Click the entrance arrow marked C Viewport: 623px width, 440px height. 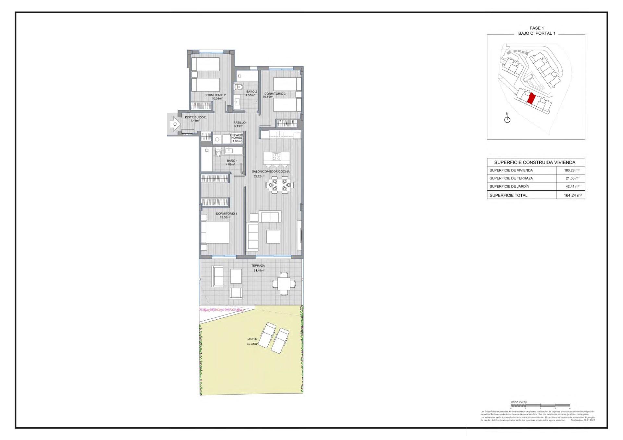175,124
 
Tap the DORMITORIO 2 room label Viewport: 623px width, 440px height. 215,95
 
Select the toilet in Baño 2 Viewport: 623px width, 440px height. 239,87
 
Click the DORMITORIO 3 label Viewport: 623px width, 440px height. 275,94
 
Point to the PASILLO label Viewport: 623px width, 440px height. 239,123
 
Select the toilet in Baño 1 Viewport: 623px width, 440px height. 218,152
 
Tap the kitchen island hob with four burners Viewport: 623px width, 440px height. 276,157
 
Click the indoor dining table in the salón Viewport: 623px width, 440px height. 279,185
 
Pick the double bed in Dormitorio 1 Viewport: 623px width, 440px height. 215,232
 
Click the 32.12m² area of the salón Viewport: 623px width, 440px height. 259,176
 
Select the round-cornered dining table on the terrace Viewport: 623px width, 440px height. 284,284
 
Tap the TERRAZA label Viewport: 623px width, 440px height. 258,266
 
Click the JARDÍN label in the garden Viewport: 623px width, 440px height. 252,339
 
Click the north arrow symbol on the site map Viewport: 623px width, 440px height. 507,119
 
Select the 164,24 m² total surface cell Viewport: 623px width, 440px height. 572,195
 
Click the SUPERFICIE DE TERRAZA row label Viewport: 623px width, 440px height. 511,178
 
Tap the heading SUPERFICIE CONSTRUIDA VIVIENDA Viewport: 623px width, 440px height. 534,162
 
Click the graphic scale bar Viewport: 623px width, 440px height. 540,405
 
